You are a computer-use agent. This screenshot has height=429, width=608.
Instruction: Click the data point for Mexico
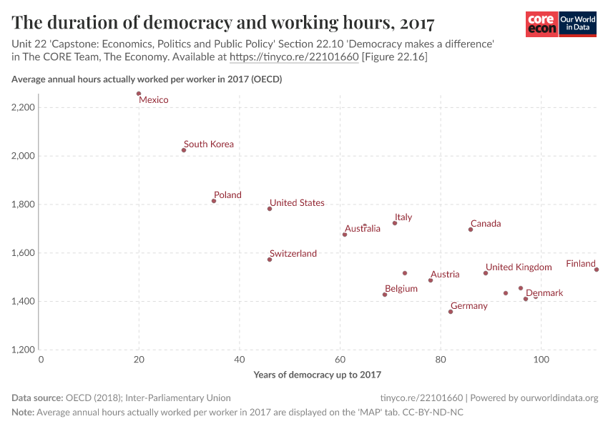tap(139, 94)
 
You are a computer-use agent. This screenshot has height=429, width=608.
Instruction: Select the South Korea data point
tap(184, 150)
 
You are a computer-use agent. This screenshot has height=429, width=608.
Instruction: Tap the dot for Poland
tap(214, 201)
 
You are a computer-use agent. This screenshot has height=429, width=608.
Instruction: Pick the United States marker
tap(270, 209)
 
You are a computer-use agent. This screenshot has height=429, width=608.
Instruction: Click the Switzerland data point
tap(270, 260)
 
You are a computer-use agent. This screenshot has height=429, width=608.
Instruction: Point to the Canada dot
tap(471, 230)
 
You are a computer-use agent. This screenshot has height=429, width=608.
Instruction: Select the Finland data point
tap(597, 270)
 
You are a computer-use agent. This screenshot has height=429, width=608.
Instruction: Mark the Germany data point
tap(451, 312)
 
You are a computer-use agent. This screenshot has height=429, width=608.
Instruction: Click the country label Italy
tap(403, 217)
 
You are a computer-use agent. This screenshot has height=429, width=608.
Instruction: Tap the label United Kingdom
tap(519, 267)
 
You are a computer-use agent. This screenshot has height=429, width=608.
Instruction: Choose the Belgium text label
tap(401, 289)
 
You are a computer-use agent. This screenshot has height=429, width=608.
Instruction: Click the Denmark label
tap(544, 293)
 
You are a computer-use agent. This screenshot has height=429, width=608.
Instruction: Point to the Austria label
tap(445, 275)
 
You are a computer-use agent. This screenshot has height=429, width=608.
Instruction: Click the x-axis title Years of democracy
tap(318, 375)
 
